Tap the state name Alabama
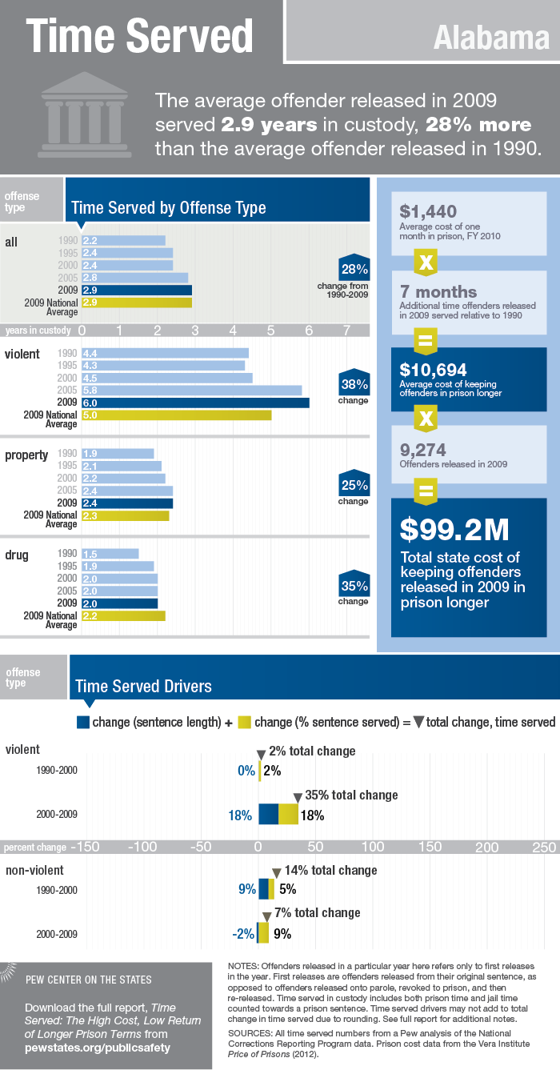[x=491, y=38]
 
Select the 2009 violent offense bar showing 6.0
[x=194, y=403]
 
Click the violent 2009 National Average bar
[x=176, y=415]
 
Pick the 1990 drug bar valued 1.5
[x=110, y=554]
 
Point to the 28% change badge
[x=354, y=269]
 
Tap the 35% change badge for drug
[x=354, y=585]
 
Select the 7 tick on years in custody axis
[x=346, y=330]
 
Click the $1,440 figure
[x=428, y=211]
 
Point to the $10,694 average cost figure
[x=434, y=369]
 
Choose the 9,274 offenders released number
[x=423, y=451]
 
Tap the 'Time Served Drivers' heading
[x=143, y=686]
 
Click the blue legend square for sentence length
[x=83, y=722]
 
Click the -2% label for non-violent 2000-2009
[x=242, y=933]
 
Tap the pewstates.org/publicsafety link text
[x=98, y=1047]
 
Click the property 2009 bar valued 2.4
[x=127, y=503]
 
